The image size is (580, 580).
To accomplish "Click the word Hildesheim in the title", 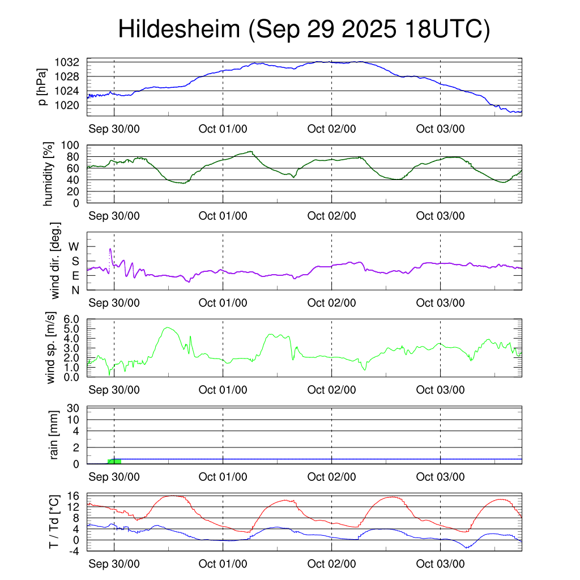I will pos(179,29).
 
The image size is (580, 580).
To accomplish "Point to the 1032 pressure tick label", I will pos(71,62).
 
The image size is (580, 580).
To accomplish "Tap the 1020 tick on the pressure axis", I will pos(71,105).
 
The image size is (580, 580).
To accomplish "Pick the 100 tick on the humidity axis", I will pos(75,145).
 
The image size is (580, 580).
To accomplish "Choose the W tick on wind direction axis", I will pos(74,246).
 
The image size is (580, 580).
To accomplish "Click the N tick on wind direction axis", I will pos(75,289).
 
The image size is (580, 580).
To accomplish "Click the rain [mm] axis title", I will pos(55,434).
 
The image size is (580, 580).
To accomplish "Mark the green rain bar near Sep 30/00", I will pos(114,461).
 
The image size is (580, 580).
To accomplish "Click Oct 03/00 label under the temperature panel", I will pos(440,564).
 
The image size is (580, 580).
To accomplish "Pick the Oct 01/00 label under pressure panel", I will pos(223,129).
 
